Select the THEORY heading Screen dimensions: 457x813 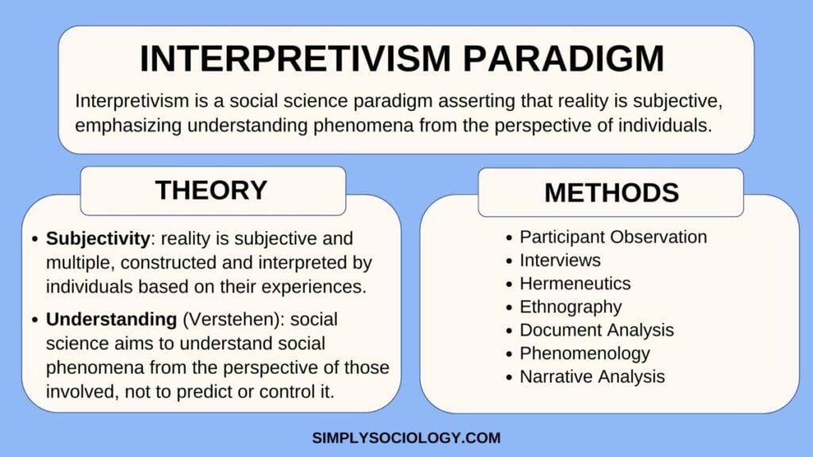click(x=211, y=190)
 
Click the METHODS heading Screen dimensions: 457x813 click(x=611, y=192)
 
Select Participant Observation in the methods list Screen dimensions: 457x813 click(x=613, y=236)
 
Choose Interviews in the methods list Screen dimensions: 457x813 click(x=560, y=260)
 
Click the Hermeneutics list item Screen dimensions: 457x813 click(x=575, y=283)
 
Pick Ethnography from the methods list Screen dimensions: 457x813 click(x=570, y=306)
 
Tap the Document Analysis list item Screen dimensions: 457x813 click(x=596, y=329)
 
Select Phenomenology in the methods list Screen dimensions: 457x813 click(x=584, y=353)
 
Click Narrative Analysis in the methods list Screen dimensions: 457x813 click(x=591, y=376)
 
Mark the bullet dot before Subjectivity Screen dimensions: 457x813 click(x=34, y=239)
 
